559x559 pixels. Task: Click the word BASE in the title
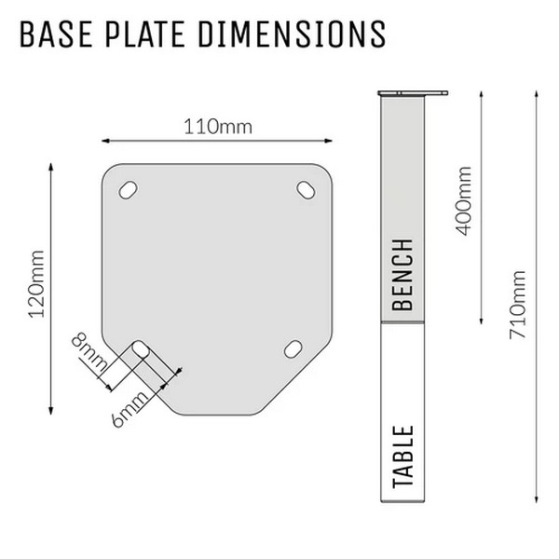click(56, 34)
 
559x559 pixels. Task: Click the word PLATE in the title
click(145, 34)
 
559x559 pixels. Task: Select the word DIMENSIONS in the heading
click(292, 34)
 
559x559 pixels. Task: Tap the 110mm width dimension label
click(218, 127)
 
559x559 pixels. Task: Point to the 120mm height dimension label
click(36, 284)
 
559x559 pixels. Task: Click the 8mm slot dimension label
click(89, 352)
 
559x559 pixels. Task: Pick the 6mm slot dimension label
click(130, 409)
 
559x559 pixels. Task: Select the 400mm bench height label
click(464, 201)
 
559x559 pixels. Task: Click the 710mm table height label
click(518, 305)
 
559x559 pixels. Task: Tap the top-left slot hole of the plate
click(128, 190)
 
